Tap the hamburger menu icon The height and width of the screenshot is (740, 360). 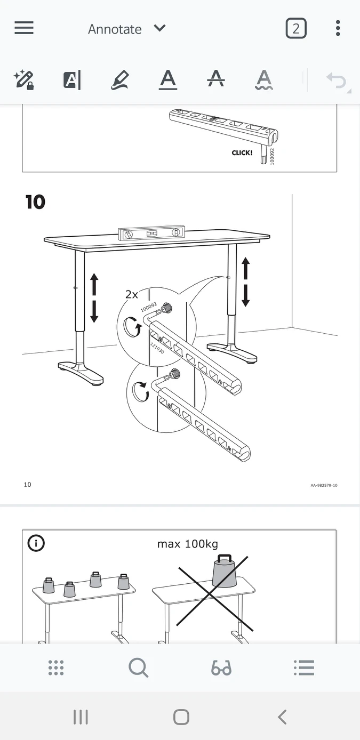click(x=24, y=28)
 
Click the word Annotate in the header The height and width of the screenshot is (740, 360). click(x=115, y=29)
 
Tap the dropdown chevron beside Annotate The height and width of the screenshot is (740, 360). click(x=159, y=28)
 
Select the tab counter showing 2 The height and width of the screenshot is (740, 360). click(x=296, y=28)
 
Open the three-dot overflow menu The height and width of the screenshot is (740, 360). click(x=338, y=28)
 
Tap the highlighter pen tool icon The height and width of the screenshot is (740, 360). click(x=119, y=80)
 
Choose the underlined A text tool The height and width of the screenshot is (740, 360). click(x=168, y=80)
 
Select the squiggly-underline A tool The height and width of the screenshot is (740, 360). click(x=264, y=80)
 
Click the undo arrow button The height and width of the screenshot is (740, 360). click(x=336, y=81)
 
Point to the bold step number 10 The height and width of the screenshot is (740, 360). click(x=35, y=202)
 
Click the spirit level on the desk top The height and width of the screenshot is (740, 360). click(x=151, y=234)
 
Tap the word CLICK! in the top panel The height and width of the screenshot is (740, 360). click(x=242, y=152)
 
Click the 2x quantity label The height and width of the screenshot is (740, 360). click(x=132, y=294)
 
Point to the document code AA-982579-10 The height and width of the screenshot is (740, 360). click(x=324, y=485)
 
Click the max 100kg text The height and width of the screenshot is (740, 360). click(x=187, y=544)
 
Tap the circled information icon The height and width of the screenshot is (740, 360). click(x=36, y=543)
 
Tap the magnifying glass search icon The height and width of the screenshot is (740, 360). click(x=139, y=667)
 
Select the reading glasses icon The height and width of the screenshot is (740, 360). click(x=221, y=667)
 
